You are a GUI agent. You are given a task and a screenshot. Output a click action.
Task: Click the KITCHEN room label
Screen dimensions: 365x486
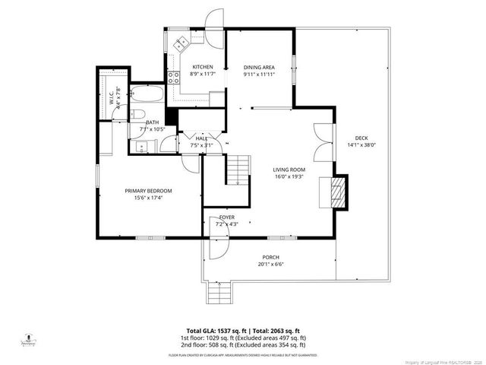pos(202,67)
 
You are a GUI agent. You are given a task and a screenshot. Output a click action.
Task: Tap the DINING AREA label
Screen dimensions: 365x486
pos(258,67)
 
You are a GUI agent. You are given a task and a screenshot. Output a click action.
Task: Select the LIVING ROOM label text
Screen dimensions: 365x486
pos(289,170)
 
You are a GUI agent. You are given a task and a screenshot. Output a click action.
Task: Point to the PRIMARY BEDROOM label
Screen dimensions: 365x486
pos(148,191)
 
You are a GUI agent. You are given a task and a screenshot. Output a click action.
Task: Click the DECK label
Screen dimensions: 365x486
pos(361,138)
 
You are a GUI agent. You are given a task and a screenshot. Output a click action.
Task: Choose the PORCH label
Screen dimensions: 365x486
pos(270,257)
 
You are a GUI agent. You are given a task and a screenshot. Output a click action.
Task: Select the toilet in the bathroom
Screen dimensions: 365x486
pos(137,115)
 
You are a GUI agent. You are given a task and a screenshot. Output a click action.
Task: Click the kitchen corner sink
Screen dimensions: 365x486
pos(181,44)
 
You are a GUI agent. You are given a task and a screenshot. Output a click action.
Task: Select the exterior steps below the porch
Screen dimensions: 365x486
pos(218,294)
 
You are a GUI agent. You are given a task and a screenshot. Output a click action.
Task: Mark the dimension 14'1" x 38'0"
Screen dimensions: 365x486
pos(361,144)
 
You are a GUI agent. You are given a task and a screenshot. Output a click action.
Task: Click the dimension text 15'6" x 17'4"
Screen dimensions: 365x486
pos(148,198)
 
